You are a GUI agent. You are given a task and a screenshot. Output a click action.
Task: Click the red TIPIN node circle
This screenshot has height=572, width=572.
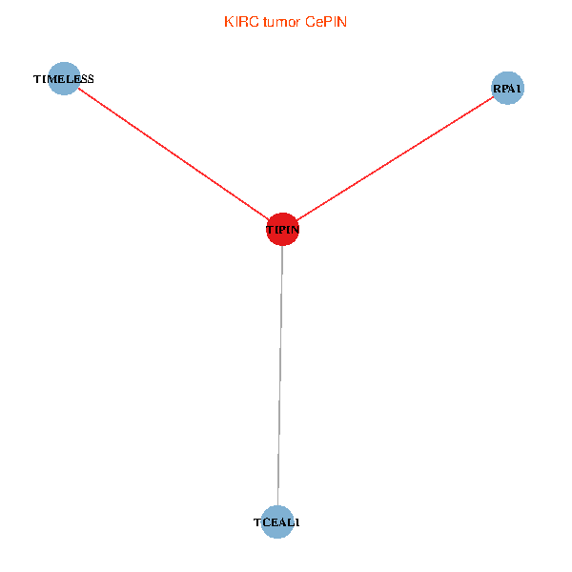282,229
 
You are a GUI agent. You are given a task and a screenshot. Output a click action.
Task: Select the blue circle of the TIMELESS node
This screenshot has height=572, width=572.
63,79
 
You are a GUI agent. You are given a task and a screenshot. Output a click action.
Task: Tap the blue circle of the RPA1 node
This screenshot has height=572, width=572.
507,89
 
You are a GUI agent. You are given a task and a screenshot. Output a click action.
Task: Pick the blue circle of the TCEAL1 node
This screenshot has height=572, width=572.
276,521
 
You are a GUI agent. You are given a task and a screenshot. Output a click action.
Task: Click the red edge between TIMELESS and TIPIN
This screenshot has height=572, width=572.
172,153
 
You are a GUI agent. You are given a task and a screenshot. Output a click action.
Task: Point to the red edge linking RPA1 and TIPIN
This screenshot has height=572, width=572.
395,159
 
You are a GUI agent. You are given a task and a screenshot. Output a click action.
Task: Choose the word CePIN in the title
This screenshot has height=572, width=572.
326,22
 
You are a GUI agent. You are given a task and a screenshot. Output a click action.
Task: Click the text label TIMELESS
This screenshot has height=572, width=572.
63,79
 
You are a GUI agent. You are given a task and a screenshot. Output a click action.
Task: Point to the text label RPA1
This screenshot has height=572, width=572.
507,90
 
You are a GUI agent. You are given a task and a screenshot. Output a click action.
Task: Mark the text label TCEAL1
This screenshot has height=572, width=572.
276,522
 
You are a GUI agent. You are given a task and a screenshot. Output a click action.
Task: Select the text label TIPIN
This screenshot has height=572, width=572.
282,230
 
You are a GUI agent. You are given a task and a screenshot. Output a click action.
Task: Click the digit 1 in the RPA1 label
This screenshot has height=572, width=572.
520,90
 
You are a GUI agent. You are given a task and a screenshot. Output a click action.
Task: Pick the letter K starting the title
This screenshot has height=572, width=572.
228,22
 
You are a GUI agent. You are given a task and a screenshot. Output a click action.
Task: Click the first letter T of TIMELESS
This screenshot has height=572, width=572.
36,79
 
